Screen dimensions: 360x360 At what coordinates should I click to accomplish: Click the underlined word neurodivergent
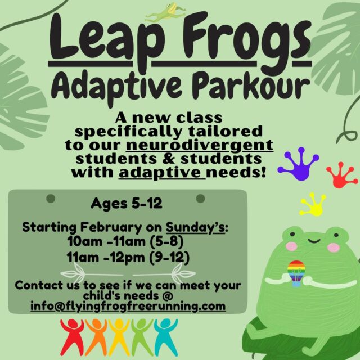[200, 146]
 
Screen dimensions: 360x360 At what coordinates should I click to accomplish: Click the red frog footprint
[342, 175]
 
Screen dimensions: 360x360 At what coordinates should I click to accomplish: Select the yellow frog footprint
[313, 204]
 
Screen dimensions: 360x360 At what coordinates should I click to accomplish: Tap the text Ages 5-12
[127, 203]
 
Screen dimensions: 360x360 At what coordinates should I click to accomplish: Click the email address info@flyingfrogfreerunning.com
[128, 307]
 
